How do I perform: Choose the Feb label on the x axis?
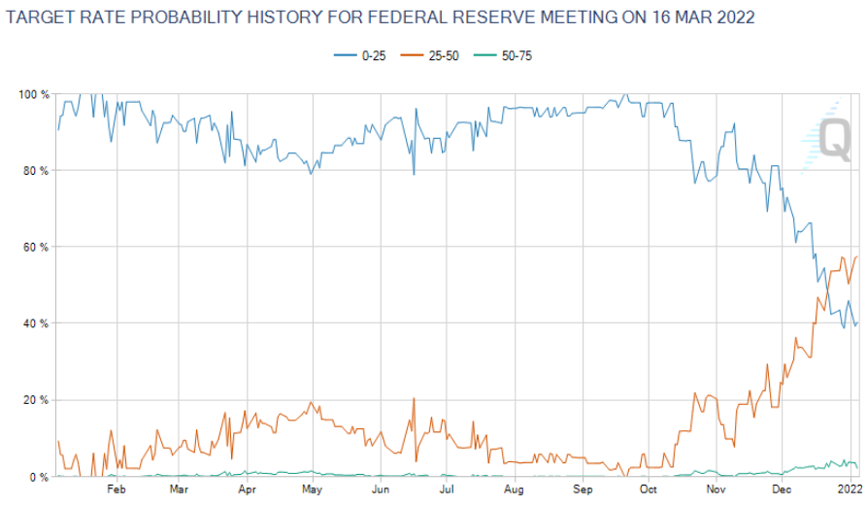pos(116,490)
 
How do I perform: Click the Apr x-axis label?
pos(246,490)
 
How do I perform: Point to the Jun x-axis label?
pos(381,490)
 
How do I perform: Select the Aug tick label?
pos(515,490)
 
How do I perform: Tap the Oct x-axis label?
pos(649,490)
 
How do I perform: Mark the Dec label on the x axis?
pos(782,490)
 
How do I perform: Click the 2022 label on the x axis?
pos(849,490)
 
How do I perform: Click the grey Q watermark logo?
pos(834,139)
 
